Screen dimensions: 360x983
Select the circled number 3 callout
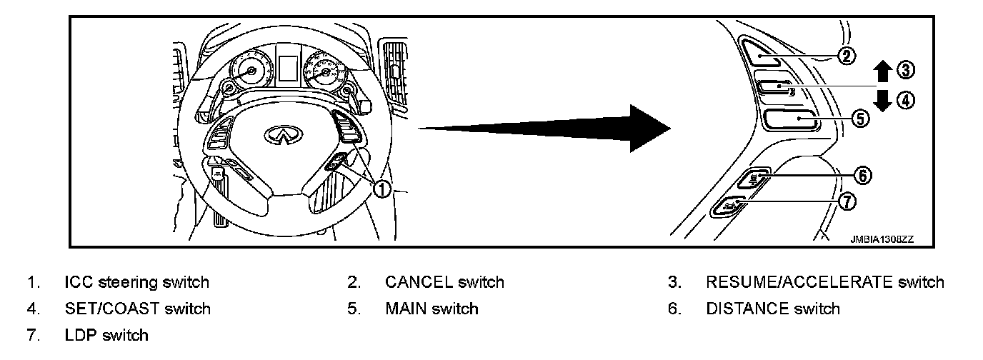pyautogui.click(x=906, y=69)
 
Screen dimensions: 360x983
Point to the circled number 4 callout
pyautogui.click(x=906, y=100)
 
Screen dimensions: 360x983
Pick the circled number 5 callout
pyautogui.click(x=861, y=119)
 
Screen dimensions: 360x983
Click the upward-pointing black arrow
pyautogui.click(x=884, y=71)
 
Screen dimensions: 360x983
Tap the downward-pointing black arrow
pyautogui.click(x=884, y=100)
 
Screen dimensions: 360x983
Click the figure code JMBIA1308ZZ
pyautogui.click(x=882, y=240)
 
